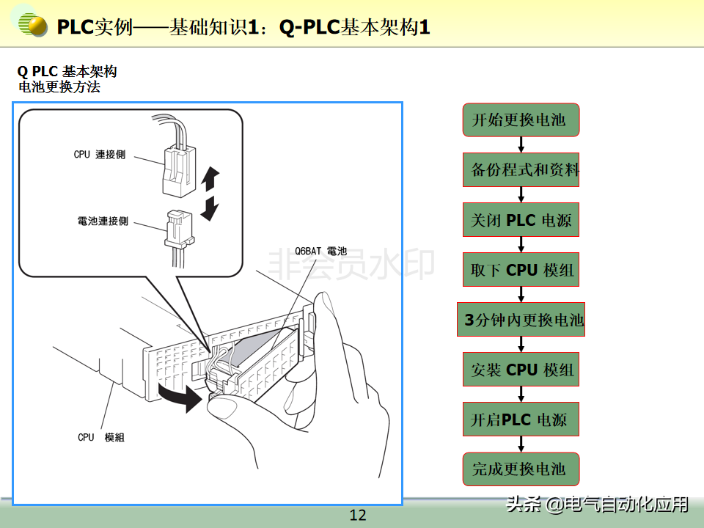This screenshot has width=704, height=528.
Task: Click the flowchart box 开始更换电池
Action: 521,120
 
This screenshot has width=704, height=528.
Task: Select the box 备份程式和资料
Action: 521,170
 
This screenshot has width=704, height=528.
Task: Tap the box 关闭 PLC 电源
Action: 521,220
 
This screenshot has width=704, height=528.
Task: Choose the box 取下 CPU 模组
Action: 521,270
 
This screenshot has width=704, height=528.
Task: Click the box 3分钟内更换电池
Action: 521,320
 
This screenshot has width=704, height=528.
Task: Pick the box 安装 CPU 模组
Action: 521,370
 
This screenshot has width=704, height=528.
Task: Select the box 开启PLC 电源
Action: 521,420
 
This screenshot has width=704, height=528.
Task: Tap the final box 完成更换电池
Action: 521,469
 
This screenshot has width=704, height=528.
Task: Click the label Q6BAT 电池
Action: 320,251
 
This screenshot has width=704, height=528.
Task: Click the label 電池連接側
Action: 102,221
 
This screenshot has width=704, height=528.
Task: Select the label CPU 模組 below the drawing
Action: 100,437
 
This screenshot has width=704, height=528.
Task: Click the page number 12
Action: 358,515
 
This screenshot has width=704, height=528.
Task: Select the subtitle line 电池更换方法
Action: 59,87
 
